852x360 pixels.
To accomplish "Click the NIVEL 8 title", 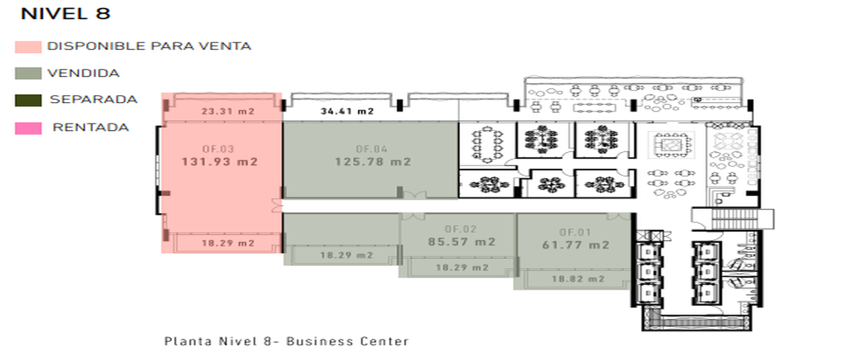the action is pos(65,13).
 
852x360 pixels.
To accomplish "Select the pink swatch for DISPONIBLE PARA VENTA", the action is pos(28,47).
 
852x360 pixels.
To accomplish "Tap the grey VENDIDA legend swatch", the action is pos(28,73).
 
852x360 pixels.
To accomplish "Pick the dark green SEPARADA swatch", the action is pos(28,100).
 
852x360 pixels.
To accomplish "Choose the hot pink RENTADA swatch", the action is pos(28,129).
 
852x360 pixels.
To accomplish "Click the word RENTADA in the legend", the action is pos(91,127).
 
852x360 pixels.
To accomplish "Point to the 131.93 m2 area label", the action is pos(220,162).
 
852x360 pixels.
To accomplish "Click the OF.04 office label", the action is pos(371,149).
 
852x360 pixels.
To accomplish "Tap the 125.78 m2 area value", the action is pos(373,162).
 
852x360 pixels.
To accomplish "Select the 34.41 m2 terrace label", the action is pos(347,111).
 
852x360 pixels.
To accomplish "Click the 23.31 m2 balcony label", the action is pos(228,111).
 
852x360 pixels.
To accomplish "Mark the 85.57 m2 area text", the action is pos(461,241).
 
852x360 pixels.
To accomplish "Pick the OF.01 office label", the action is pos(574,232).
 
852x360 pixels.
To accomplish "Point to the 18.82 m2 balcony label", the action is pos(578,279).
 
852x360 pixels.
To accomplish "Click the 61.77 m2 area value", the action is pos(576,245).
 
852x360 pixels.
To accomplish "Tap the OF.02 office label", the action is pos(461,229).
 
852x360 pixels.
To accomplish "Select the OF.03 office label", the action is pos(218,149).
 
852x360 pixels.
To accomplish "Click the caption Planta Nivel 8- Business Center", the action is pos(286,342).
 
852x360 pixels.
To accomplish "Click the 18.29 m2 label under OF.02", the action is pos(462,268).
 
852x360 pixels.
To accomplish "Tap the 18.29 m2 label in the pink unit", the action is pos(228,243).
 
